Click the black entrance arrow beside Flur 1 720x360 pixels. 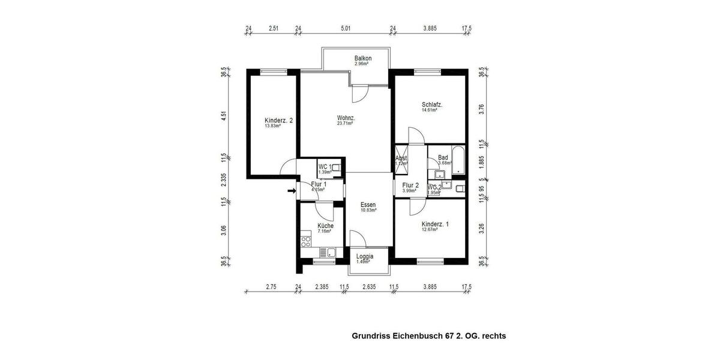pos(291,191)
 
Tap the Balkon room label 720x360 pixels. pos(363,58)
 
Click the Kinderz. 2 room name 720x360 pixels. pos(278,120)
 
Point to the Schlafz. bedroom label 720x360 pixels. pos(432,104)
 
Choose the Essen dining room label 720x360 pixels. pos(368,205)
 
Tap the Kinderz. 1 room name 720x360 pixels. pos(435,224)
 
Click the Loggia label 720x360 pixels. pos(364,256)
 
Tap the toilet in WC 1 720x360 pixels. pos(337,169)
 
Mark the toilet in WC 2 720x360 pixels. pos(459,189)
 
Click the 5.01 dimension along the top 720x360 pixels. pos(346,28)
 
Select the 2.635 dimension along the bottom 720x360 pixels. pos(369,287)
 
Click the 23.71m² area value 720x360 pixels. pos(345,124)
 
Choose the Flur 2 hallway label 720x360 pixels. pos(410,185)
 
